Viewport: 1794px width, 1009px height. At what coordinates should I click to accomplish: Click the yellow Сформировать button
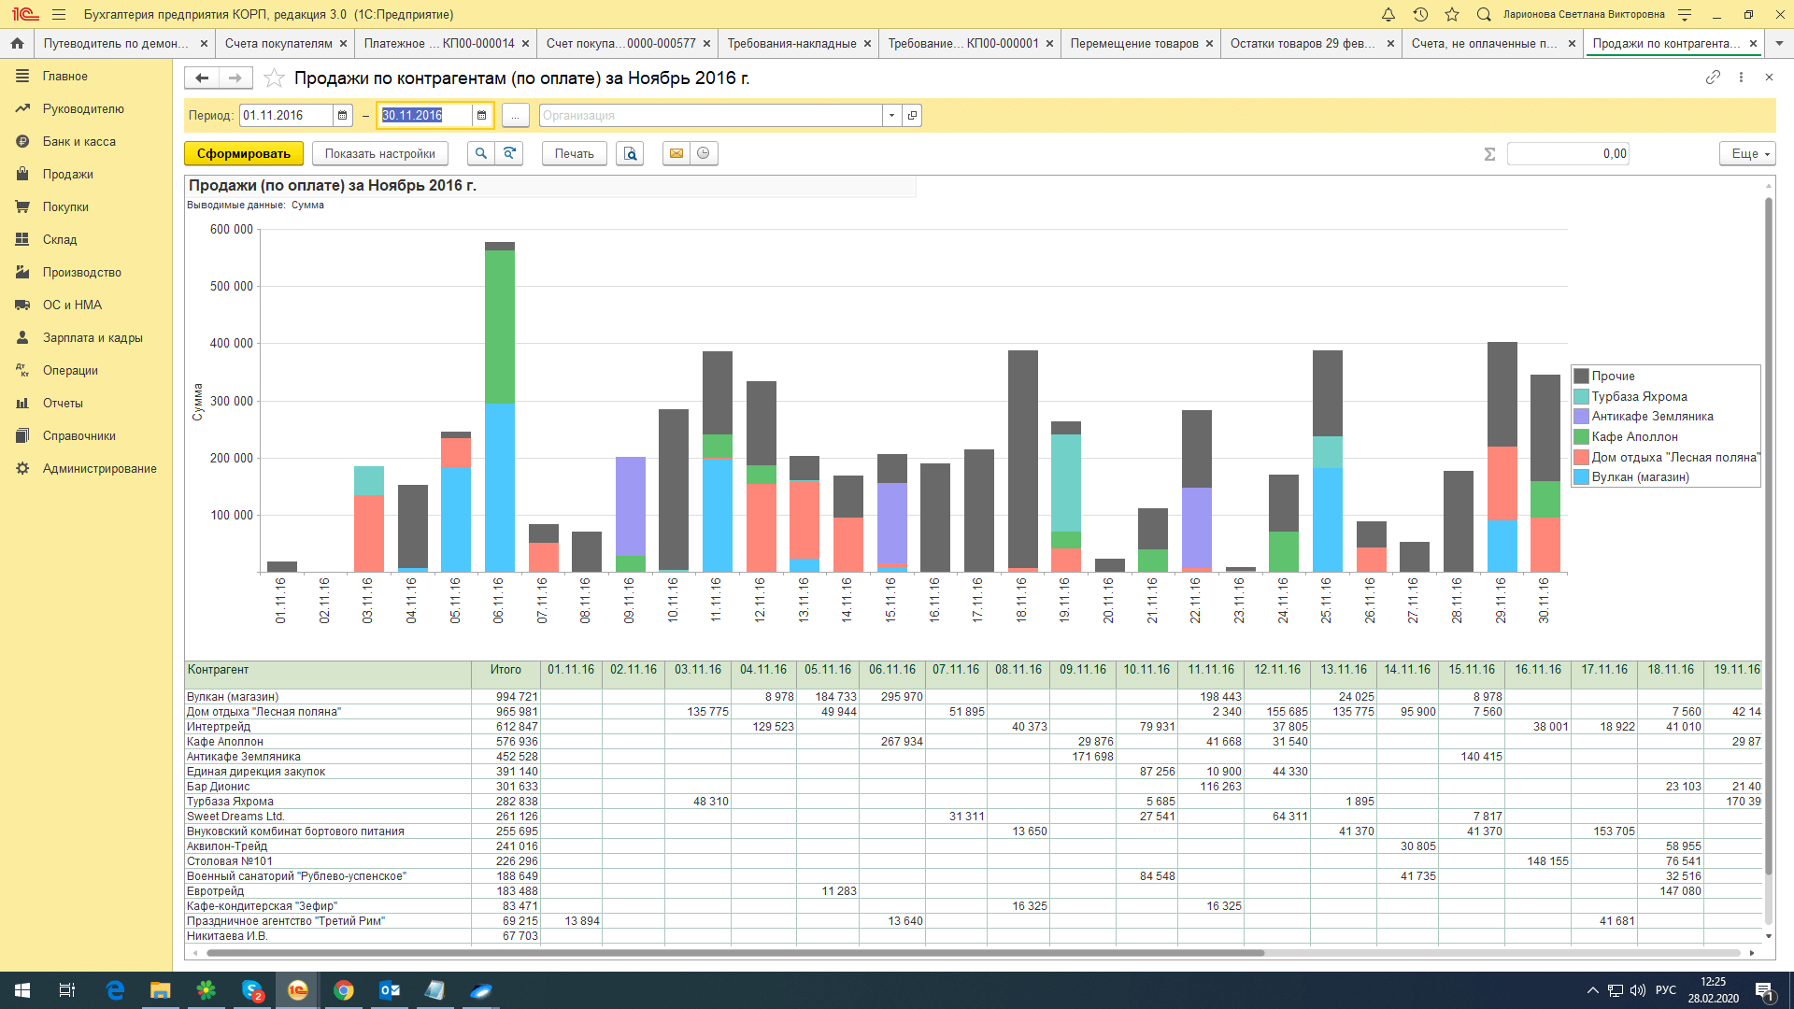click(x=243, y=153)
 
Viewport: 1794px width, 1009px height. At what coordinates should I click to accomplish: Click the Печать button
click(x=574, y=153)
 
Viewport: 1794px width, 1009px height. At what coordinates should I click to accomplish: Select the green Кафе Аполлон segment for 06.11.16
click(x=500, y=327)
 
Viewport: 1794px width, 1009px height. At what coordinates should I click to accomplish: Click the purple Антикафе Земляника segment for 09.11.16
click(x=631, y=506)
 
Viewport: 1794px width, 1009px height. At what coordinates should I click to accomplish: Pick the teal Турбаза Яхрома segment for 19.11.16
click(x=1066, y=483)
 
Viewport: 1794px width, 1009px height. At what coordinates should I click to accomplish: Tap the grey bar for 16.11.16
click(x=935, y=518)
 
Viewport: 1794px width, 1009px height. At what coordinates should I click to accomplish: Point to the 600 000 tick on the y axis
click(x=232, y=229)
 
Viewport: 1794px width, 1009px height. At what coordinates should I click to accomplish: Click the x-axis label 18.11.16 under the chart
click(x=1021, y=600)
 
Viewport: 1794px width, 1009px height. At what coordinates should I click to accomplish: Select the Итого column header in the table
click(x=505, y=670)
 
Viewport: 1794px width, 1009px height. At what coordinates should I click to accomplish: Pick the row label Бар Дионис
click(x=219, y=787)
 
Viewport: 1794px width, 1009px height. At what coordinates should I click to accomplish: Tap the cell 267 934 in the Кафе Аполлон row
click(x=902, y=742)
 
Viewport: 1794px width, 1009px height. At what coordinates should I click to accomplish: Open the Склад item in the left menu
click(x=60, y=240)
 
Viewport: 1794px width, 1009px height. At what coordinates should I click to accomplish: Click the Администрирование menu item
click(x=99, y=469)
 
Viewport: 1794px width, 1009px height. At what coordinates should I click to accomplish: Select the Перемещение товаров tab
click(x=1134, y=43)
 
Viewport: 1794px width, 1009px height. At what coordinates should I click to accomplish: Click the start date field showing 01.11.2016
click(x=286, y=115)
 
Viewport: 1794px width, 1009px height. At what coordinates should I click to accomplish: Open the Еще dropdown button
click(x=1746, y=153)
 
